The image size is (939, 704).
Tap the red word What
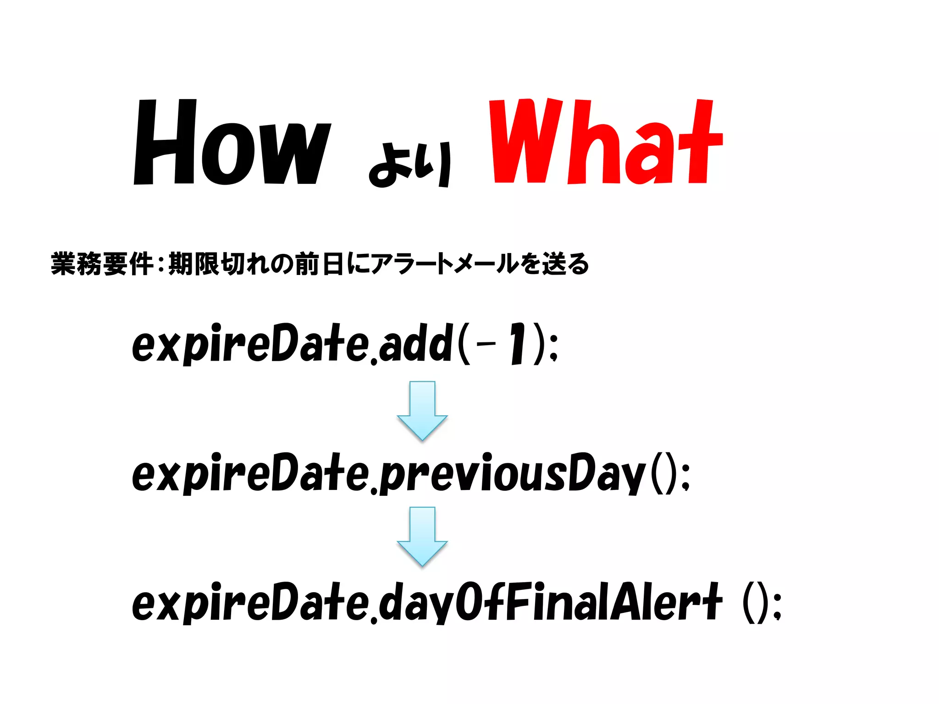(605, 142)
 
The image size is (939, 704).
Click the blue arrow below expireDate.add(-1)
(422, 410)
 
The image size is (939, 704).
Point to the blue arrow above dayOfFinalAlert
(422, 536)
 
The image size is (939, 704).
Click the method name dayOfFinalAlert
(550, 602)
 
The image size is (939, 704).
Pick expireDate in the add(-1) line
(250, 344)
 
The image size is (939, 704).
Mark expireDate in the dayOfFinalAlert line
(250, 602)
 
